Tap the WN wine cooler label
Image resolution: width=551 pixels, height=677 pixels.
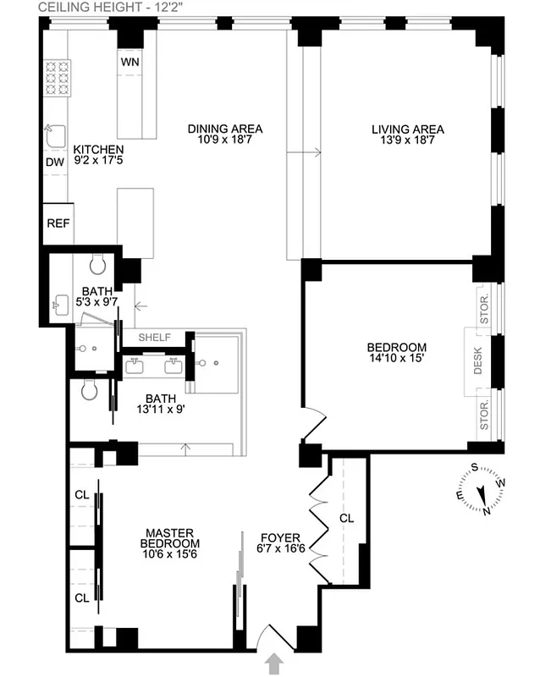[129, 63]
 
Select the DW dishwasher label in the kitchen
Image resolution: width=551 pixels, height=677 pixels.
[54, 162]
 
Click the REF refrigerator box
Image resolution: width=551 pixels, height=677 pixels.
[58, 224]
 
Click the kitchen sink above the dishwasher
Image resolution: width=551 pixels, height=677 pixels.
[55, 136]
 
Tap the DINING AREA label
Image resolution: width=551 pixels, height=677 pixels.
[225, 129]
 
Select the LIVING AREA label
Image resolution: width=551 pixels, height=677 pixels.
[407, 129]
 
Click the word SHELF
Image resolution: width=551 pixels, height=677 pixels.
[154, 338]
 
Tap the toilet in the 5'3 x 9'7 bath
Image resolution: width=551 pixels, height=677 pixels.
[96, 266]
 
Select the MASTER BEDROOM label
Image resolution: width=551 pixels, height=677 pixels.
[171, 537]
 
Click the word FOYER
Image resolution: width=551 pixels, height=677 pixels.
[280, 537]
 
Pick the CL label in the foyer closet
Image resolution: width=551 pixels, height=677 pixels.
[346, 517]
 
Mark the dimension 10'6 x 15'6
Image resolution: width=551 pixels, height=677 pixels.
[171, 555]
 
